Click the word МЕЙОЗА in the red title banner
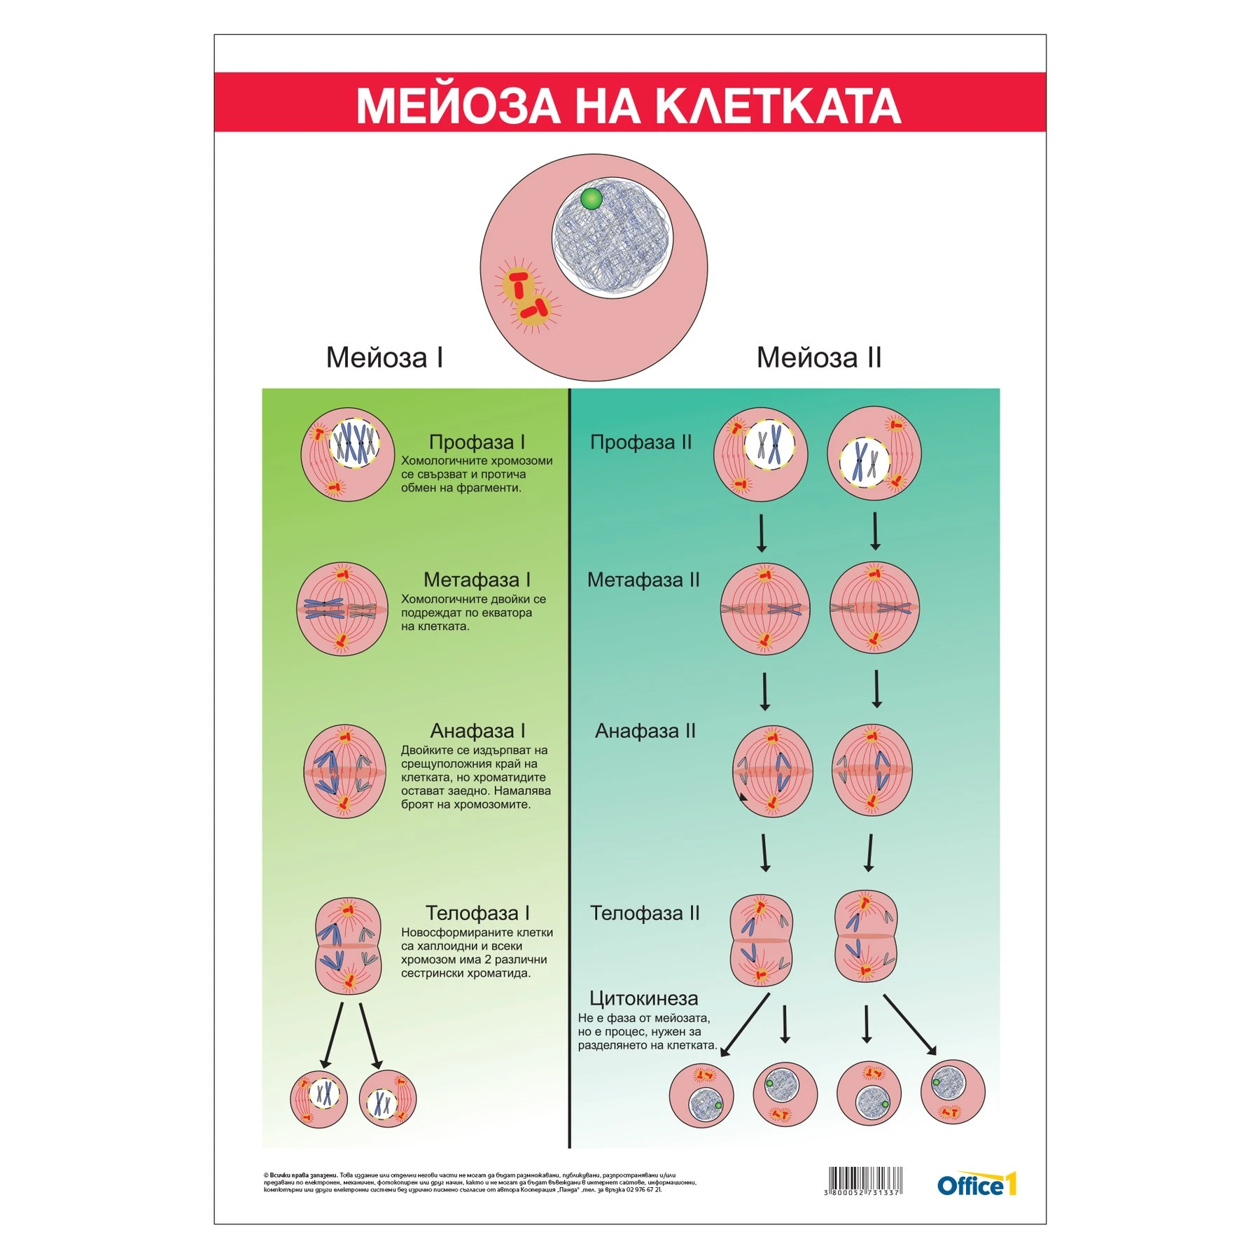(458, 106)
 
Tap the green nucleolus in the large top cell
(591, 199)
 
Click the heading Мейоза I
(384, 358)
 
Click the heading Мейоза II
(818, 358)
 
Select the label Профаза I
(477, 442)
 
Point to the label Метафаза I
(477, 580)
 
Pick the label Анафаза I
(477, 731)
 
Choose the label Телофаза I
(477, 913)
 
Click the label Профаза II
(640, 442)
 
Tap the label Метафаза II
(643, 580)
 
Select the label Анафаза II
(645, 731)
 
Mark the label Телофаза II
(645, 913)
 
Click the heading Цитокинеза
(643, 998)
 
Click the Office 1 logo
(976, 1185)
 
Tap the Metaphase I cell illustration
(342, 608)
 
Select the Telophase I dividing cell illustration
(348, 946)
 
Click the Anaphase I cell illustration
(344, 771)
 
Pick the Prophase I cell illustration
(348, 454)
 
